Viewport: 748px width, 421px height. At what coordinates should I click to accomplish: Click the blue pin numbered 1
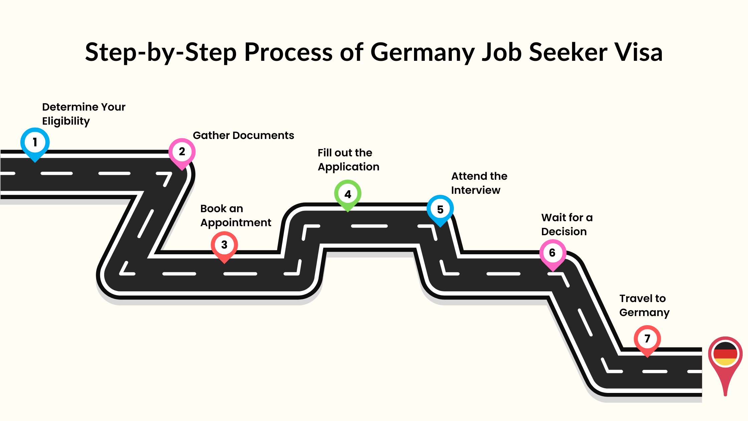pyautogui.click(x=35, y=143)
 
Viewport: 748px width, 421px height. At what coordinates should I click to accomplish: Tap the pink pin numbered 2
pyautogui.click(x=182, y=152)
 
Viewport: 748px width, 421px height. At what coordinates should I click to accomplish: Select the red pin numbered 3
pyautogui.click(x=224, y=245)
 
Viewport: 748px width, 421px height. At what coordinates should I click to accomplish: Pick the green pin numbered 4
pyautogui.click(x=348, y=194)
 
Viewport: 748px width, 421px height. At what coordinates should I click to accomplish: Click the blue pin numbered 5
pyautogui.click(x=440, y=209)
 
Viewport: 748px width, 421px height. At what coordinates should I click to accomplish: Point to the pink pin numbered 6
pyautogui.click(x=553, y=253)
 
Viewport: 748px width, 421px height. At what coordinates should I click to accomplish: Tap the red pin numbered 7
pyautogui.click(x=647, y=339)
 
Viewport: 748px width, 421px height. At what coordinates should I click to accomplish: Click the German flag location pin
pyautogui.click(x=725, y=354)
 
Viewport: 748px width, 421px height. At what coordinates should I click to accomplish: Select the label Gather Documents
pyautogui.click(x=243, y=135)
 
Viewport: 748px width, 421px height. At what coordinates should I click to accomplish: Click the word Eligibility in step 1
pyautogui.click(x=66, y=121)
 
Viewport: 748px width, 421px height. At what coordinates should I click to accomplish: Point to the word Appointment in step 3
pyautogui.click(x=236, y=223)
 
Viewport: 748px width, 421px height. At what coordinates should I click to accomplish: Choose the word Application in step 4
pyautogui.click(x=348, y=167)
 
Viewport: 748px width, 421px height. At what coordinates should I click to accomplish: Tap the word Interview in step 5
pyautogui.click(x=476, y=190)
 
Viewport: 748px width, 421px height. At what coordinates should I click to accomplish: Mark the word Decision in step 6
pyautogui.click(x=564, y=232)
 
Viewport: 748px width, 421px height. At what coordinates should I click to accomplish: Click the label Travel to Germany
pyautogui.click(x=644, y=305)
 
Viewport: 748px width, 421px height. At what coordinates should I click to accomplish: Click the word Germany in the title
pyautogui.click(x=422, y=52)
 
